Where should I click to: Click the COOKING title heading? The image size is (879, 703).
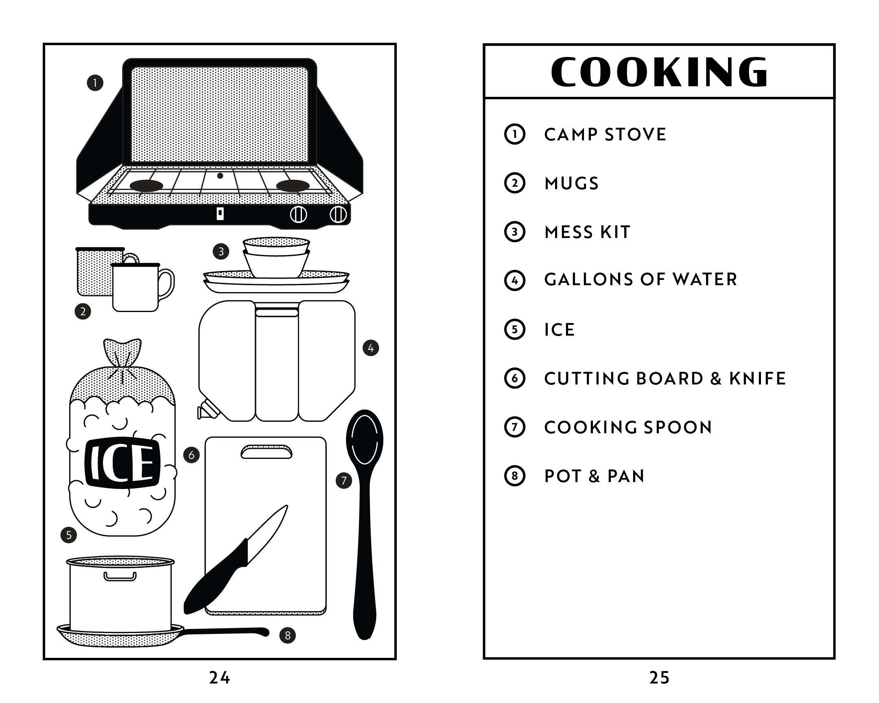(x=659, y=72)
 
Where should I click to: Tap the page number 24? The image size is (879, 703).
(x=219, y=677)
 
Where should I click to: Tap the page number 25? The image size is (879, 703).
(x=659, y=677)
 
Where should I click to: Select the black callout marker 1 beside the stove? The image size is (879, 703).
(x=95, y=83)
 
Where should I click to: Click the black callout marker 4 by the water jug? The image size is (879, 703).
(x=371, y=348)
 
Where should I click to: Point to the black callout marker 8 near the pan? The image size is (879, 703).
(x=287, y=635)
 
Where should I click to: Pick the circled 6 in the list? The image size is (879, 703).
(x=514, y=378)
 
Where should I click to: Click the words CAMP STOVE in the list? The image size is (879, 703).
(x=605, y=135)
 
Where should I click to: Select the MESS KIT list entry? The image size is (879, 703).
(x=587, y=232)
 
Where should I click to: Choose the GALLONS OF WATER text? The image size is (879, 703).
(x=641, y=279)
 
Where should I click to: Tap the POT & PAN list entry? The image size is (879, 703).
(x=594, y=476)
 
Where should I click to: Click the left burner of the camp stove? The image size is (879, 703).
(x=146, y=186)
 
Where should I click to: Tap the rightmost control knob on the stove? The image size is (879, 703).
(x=338, y=214)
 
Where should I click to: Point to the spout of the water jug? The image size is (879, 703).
(x=206, y=410)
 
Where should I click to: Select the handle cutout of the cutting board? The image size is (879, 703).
(x=266, y=452)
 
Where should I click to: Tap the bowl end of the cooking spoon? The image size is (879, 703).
(x=365, y=438)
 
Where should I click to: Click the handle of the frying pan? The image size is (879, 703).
(x=226, y=632)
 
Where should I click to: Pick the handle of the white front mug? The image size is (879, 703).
(x=167, y=283)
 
